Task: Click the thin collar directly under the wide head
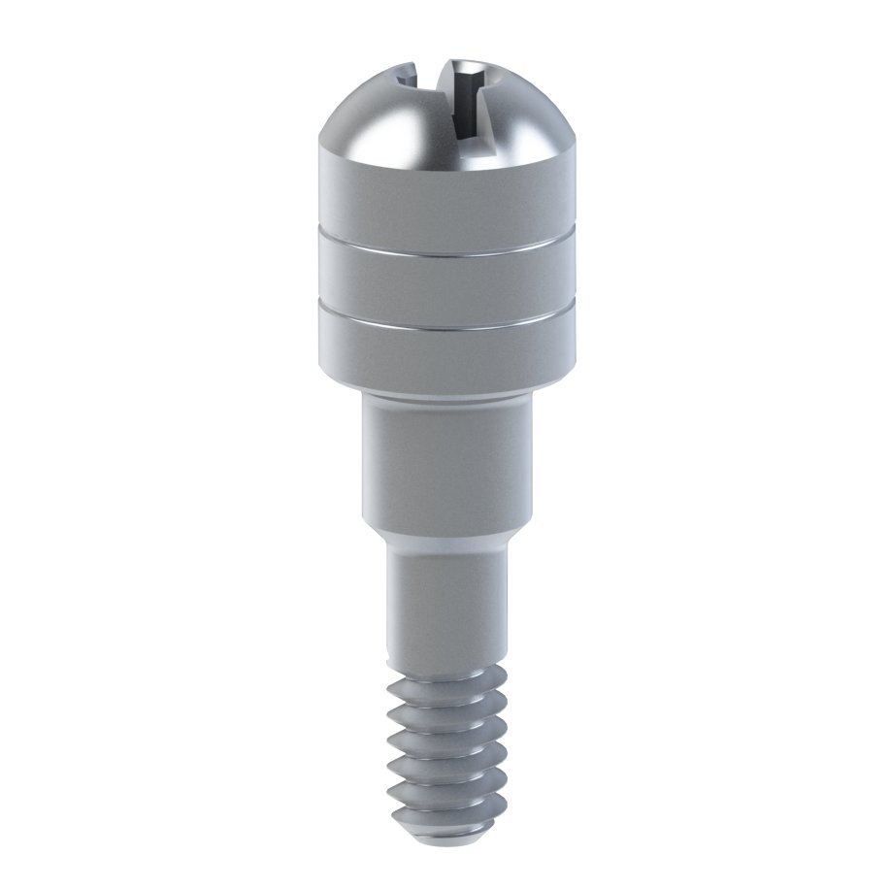coord(445,399)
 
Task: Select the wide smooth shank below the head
coord(445,466)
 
